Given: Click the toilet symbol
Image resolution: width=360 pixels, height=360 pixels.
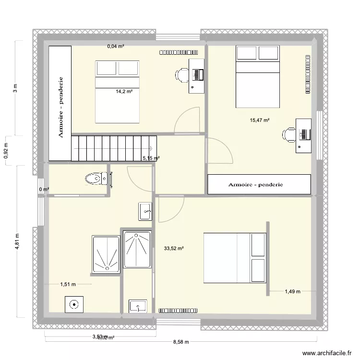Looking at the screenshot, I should pos(96,179).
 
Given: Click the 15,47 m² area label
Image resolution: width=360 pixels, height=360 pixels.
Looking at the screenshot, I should pos(260,120).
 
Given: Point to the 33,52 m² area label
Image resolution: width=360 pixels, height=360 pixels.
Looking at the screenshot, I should pos(174,248).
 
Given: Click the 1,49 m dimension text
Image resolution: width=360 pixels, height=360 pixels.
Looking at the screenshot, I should pos(292,291).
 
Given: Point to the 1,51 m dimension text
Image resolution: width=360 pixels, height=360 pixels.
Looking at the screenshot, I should pos(68,284).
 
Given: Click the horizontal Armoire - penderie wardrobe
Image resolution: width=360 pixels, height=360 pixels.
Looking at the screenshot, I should pos(259,184).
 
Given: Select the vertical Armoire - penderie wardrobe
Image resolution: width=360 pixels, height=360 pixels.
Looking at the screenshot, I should pos(60,103).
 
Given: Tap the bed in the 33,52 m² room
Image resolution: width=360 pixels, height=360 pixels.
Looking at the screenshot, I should pos(235,258).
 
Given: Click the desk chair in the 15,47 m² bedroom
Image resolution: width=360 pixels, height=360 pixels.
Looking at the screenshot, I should pos(290,135).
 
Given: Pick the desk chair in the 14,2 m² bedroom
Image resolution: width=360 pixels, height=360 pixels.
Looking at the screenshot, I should pos(182,75).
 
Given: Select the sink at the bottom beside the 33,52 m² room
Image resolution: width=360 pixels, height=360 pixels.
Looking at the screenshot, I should pos(138,306).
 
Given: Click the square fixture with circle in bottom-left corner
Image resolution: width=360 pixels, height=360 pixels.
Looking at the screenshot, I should pos(74,304).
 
